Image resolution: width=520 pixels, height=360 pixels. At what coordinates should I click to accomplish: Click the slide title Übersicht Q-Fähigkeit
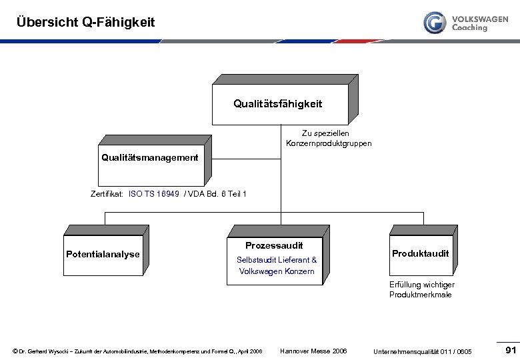(x=85, y=22)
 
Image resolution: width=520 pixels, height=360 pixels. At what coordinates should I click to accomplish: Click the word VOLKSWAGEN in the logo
(x=479, y=19)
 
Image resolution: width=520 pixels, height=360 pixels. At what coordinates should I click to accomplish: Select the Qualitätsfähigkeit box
(x=277, y=104)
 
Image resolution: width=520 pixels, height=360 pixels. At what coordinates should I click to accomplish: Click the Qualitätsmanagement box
(x=150, y=160)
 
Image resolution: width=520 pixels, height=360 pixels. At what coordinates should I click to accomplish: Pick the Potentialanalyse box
(x=103, y=254)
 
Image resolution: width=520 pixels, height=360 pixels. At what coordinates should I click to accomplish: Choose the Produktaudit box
(x=420, y=253)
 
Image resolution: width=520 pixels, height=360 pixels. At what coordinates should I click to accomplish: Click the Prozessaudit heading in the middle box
(x=274, y=245)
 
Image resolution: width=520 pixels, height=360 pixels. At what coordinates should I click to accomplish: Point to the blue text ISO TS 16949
(x=154, y=194)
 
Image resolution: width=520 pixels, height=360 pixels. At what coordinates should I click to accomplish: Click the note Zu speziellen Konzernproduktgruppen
(x=329, y=139)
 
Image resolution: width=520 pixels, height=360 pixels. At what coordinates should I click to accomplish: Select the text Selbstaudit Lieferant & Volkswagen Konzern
(x=277, y=265)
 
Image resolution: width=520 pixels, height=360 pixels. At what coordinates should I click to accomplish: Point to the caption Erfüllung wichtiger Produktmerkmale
(x=422, y=289)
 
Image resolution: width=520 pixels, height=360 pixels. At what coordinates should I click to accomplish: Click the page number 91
(x=511, y=351)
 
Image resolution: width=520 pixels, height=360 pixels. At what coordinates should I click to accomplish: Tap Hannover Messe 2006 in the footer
(x=313, y=351)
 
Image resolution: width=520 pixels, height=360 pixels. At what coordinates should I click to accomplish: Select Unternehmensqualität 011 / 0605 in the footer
(x=423, y=351)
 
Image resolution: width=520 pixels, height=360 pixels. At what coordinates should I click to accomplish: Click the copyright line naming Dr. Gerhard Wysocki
(x=137, y=351)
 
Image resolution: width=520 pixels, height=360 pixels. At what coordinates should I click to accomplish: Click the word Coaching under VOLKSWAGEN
(x=469, y=28)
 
